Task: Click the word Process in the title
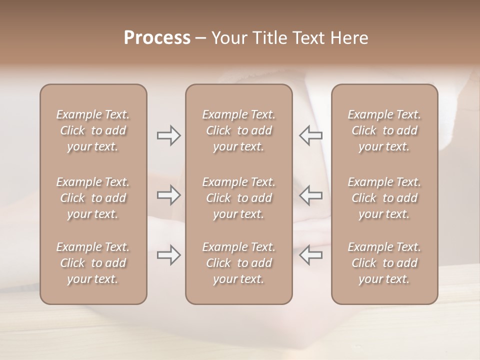(x=157, y=38)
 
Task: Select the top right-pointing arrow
(x=168, y=135)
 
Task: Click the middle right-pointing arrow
(x=168, y=195)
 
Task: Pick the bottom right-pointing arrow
(x=168, y=255)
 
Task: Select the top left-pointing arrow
(x=310, y=135)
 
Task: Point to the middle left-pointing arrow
(x=310, y=195)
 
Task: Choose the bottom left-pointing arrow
(x=310, y=255)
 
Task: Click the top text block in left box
(x=93, y=130)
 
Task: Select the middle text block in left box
(x=93, y=198)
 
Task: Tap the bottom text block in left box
(x=93, y=263)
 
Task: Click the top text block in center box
(x=238, y=130)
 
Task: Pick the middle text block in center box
(x=238, y=198)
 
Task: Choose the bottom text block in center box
(x=238, y=263)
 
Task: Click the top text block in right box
(x=384, y=130)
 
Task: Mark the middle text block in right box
(x=384, y=198)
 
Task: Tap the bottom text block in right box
(x=384, y=263)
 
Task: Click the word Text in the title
(x=310, y=38)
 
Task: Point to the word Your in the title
(x=229, y=38)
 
